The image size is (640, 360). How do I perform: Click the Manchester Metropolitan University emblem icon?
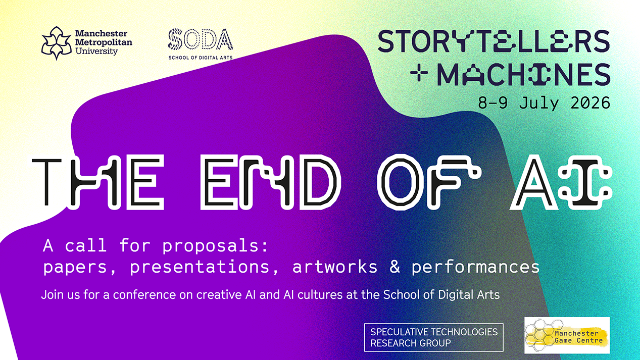click(x=56, y=43)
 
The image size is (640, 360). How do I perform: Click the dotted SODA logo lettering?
click(x=200, y=40)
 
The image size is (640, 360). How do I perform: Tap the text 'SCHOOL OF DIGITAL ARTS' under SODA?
click(x=200, y=58)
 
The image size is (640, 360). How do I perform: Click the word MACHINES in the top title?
click(x=523, y=74)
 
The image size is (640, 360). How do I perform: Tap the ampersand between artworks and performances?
click(x=394, y=267)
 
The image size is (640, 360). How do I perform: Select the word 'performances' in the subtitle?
click(x=475, y=267)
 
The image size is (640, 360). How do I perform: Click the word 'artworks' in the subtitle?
click(x=334, y=267)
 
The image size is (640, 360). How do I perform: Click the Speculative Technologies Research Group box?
click(x=433, y=337)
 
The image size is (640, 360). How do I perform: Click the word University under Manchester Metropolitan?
click(x=96, y=52)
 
